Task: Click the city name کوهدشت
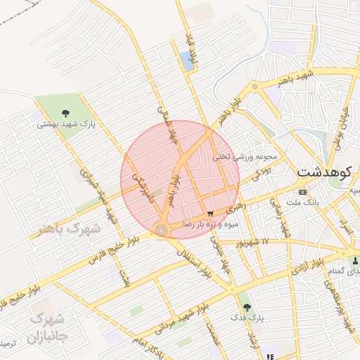point(326,172)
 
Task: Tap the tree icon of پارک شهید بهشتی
point(65,112)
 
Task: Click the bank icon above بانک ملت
point(302,192)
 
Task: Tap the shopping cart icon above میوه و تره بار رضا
point(210,213)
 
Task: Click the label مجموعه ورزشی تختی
point(251,157)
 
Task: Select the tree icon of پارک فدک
point(245,307)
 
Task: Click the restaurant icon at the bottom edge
point(270,357)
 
